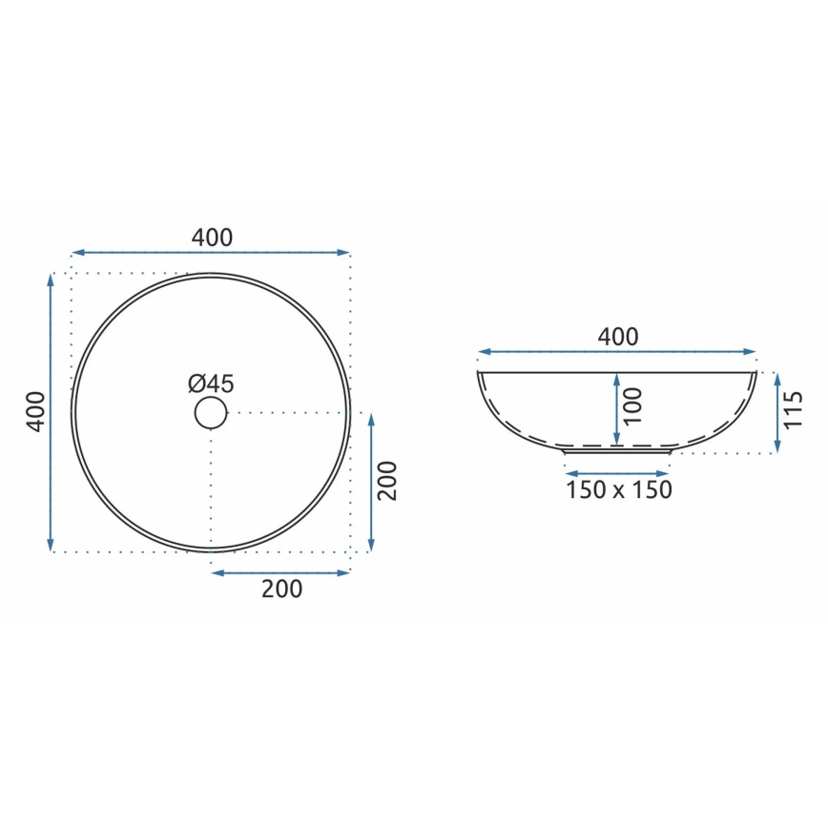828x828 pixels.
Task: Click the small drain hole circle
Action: point(211,413)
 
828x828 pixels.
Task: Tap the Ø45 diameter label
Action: point(211,383)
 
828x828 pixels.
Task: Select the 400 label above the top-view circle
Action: point(212,238)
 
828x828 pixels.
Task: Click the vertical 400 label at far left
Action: point(35,412)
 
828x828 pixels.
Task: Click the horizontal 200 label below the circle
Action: point(281,590)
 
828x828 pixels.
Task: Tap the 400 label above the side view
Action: point(617,337)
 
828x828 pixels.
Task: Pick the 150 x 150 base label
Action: point(618,490)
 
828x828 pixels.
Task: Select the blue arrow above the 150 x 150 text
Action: point(618,472)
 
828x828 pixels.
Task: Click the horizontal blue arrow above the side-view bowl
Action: point(617,351)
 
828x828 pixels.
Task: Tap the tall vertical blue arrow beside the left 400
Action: point(51,412)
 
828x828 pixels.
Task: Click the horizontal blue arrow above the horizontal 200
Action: point(280,572)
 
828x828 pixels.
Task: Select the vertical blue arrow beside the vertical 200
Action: point(370,483)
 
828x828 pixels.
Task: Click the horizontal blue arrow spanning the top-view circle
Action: point(212,253)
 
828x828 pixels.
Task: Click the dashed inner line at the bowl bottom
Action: point(617,445)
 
